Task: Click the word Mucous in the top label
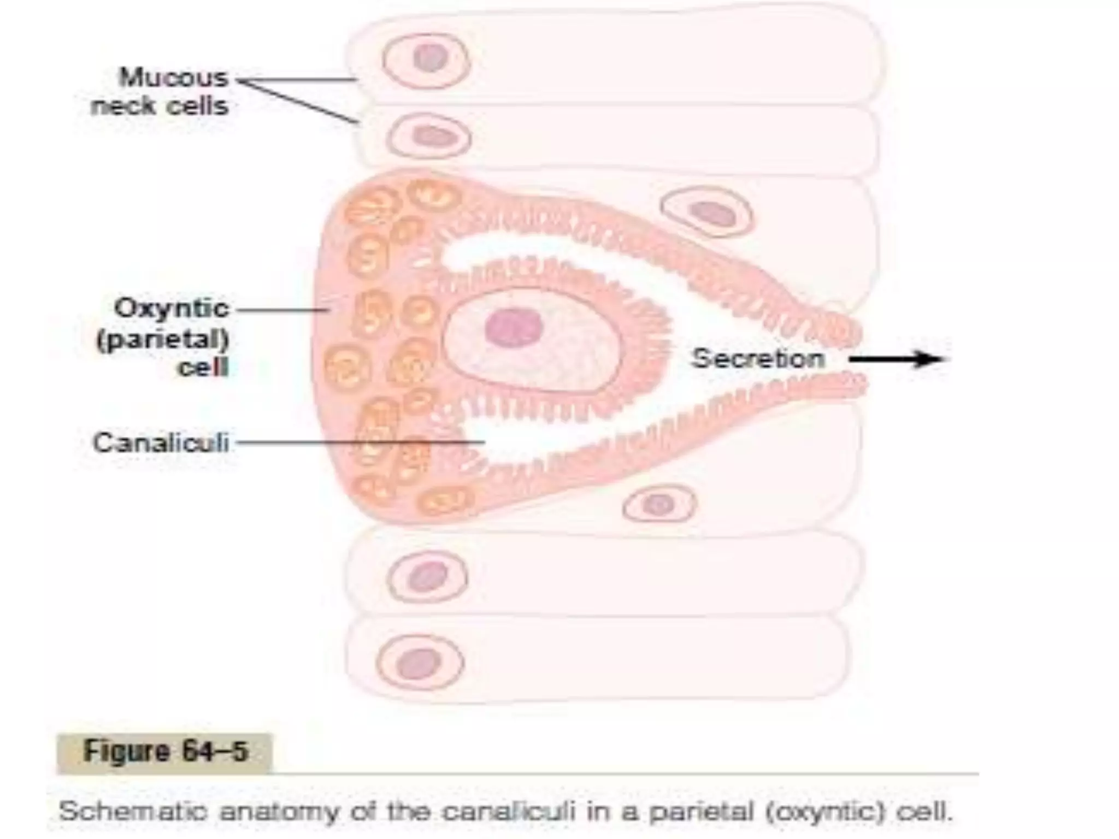tap(173, 78)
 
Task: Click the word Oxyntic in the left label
tap(171, 309)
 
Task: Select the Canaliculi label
tap(161, 442)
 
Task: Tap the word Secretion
tap(758, 359)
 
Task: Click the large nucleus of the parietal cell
tap(514, 328)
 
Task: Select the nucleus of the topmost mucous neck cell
tap(430, 57)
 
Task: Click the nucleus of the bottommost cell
tap(419, 663)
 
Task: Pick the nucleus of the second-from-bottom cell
tap(427, 577)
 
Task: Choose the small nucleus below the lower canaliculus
tap(658, 505)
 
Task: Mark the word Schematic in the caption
tap(133, 811)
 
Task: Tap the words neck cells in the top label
tap(160, 106)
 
